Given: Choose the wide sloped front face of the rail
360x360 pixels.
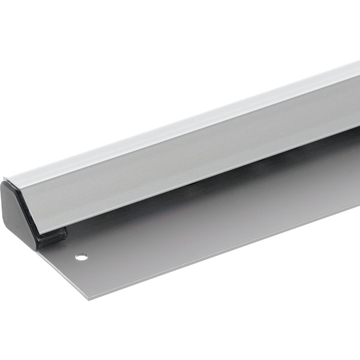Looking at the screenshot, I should (176, 169).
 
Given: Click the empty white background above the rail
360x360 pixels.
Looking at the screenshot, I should (141, 53).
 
